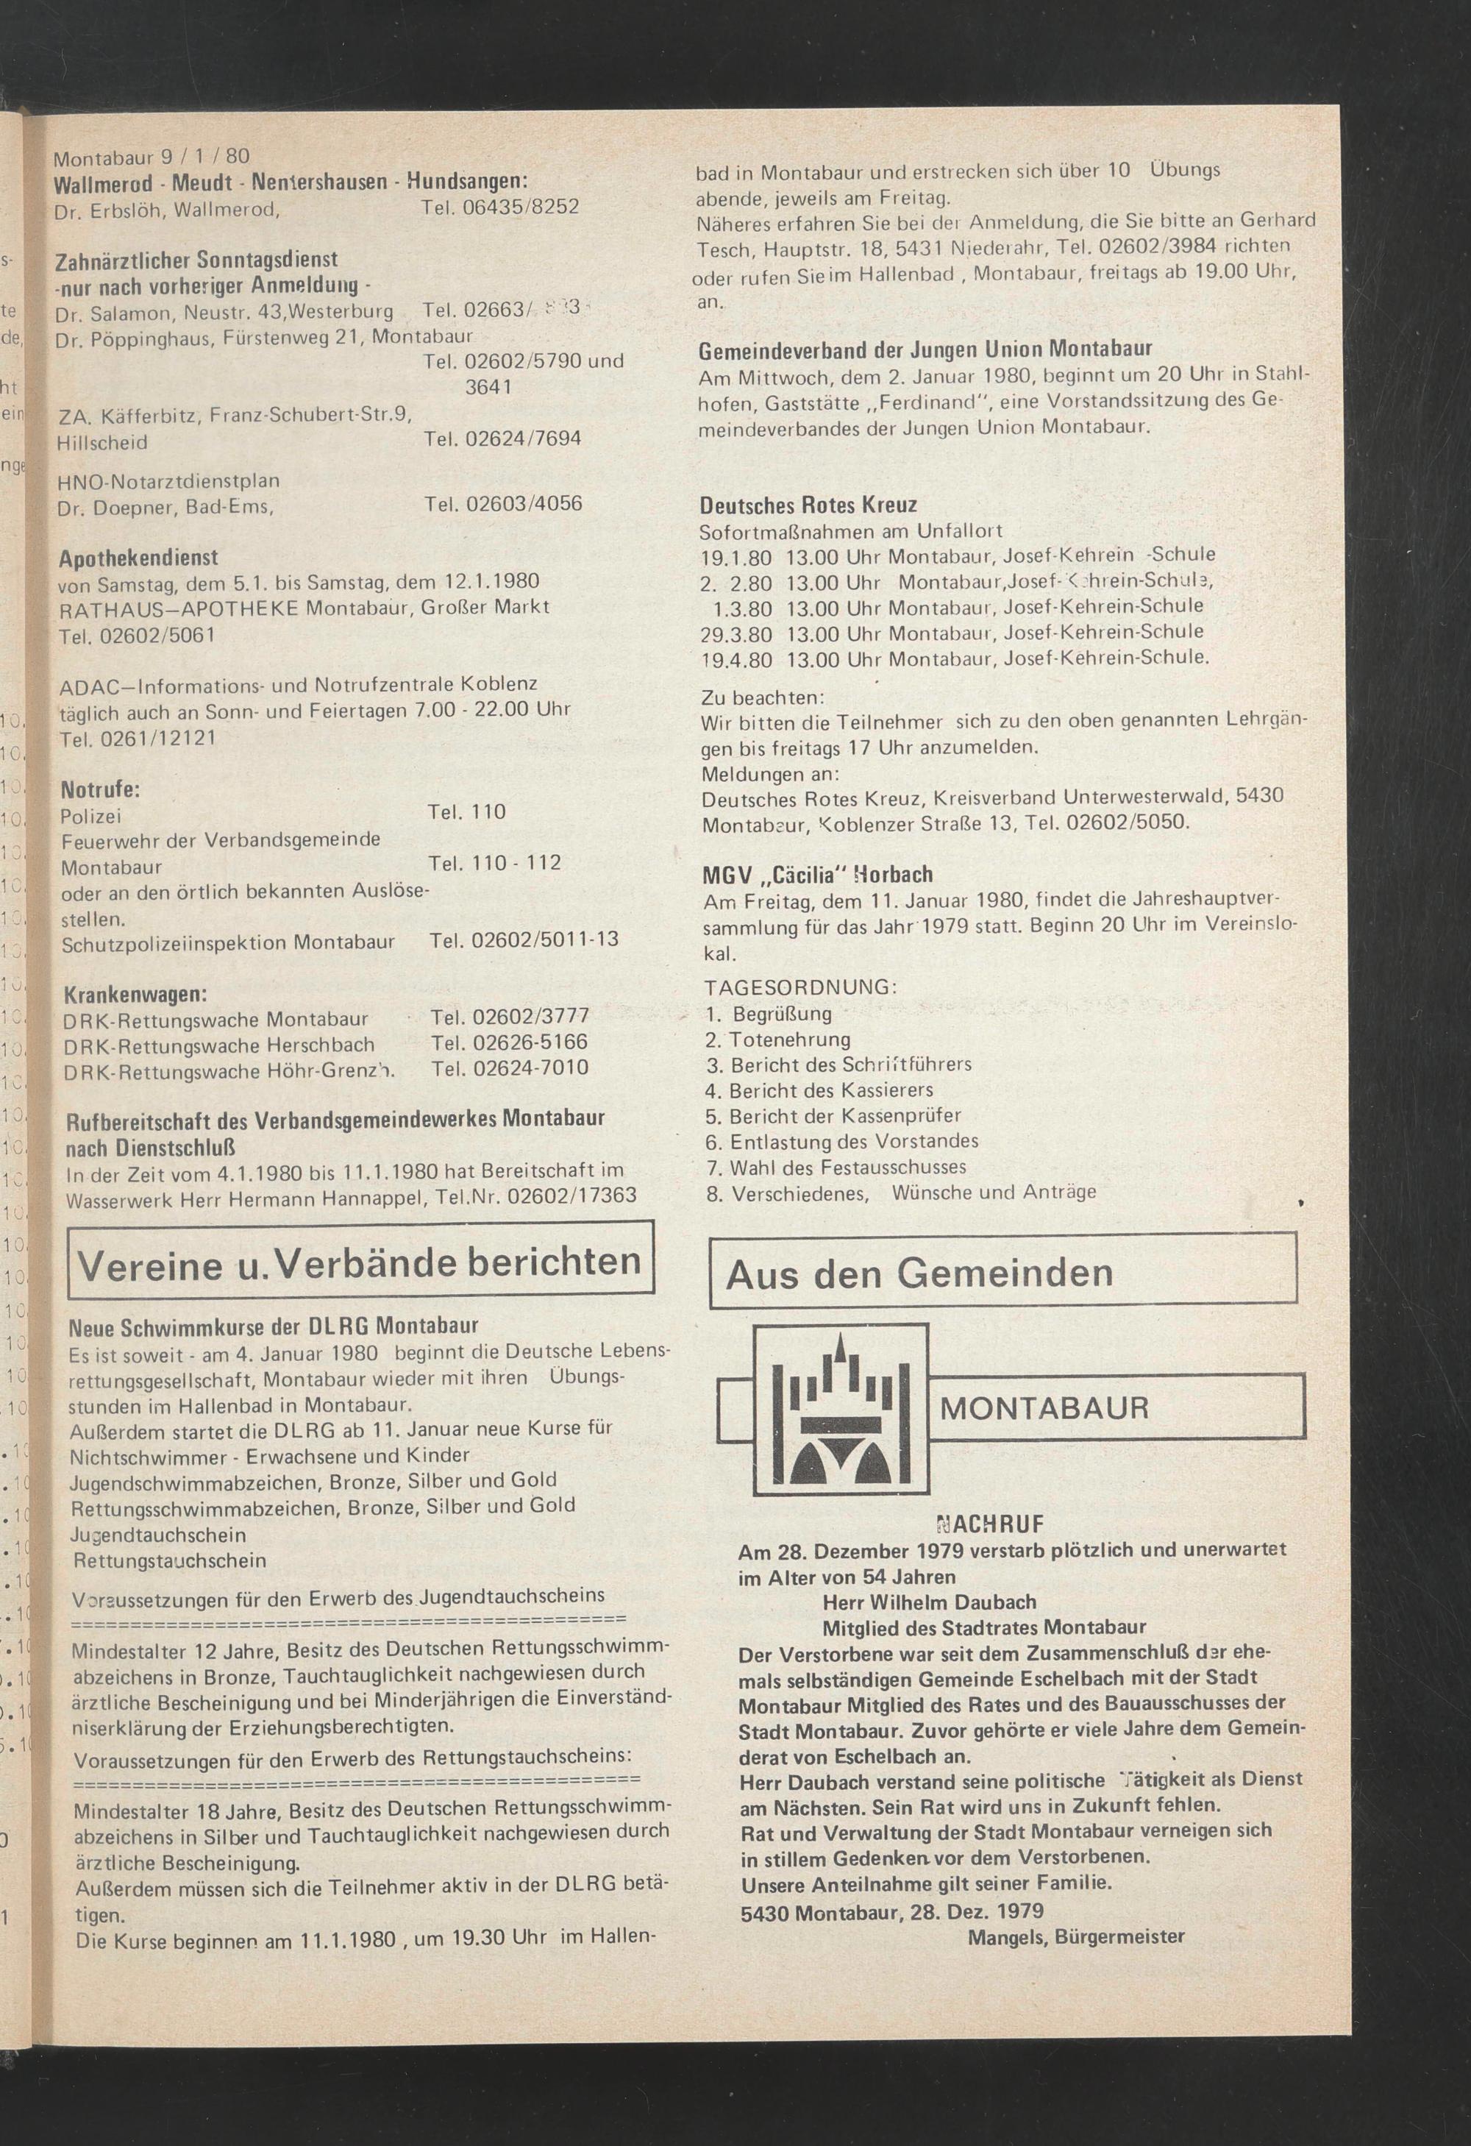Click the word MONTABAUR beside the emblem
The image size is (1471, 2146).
[1044, 1408]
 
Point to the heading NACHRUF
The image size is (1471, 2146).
[989, 1524]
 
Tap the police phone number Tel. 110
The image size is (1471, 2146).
[466, 811]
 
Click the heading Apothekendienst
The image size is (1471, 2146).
[138, 558]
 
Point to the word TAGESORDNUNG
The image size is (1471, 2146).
[799, 987]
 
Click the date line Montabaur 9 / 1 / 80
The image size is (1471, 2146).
[151, 156]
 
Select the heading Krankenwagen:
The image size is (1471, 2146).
[135, 995]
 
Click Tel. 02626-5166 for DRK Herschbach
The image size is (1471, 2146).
[508, 1042]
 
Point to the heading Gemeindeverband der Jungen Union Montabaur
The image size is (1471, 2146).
[925, 350]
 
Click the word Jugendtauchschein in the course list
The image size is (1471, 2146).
[158, 1535]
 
